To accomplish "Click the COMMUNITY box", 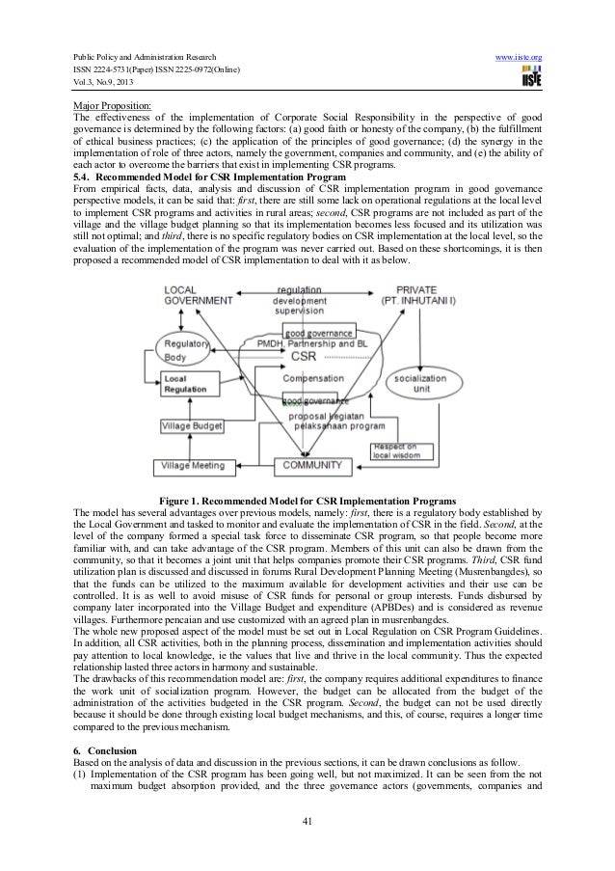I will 310,466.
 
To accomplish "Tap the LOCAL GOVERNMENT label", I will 193,294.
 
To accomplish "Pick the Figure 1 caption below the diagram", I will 307,501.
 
